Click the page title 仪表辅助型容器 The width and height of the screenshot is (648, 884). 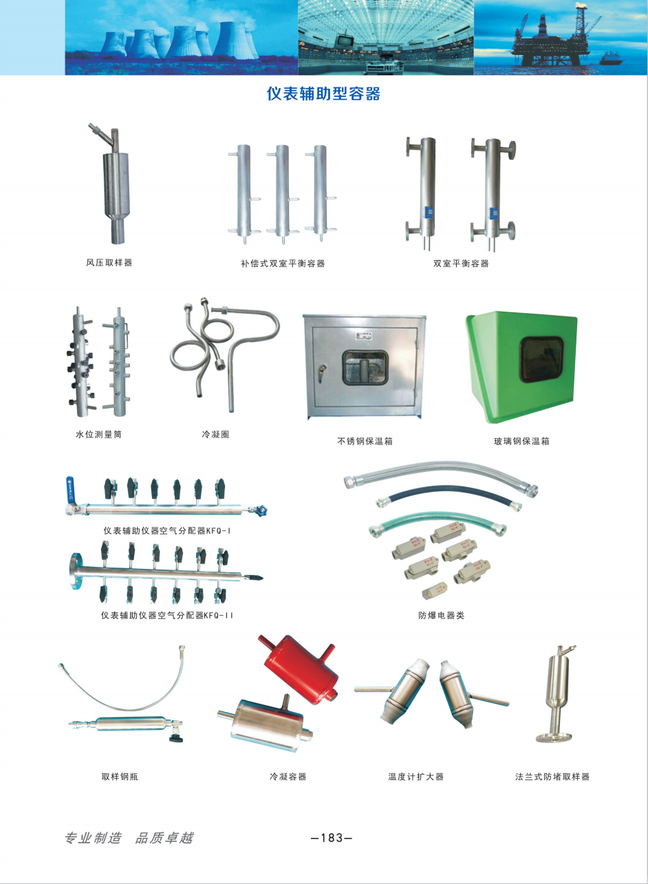pos(323,94)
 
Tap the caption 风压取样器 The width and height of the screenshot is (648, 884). pos(109,262)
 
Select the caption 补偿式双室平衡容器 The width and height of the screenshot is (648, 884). pos(283,263)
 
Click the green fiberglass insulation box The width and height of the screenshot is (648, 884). pos(521,367)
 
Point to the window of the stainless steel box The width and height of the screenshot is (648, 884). pos(365,368)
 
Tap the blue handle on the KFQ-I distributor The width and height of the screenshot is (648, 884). pos(71,488)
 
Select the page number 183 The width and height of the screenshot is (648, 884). pos(332,837)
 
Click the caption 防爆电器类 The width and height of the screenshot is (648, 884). pos(442,615)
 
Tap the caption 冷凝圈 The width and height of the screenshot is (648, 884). pos(215,435)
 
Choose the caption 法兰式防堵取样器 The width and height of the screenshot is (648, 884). pos(552,777)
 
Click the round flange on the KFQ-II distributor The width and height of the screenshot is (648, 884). pos(74,571)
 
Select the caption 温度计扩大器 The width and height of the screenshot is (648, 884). pos(416,777)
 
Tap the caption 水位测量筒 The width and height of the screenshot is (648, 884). pos(98,435)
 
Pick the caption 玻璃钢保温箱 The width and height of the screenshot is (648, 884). pos(521,441)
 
